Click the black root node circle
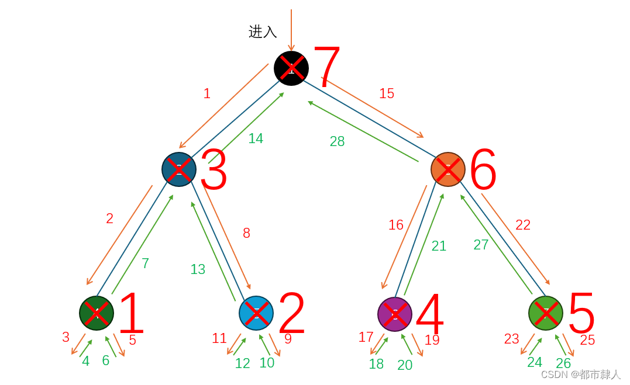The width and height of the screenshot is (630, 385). coord(291,68)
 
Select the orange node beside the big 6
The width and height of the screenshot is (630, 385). coord(448,169)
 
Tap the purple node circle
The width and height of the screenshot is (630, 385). coord(395,314)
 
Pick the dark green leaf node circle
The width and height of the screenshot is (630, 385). coord(97,313)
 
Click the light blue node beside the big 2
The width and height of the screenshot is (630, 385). coord(256,313)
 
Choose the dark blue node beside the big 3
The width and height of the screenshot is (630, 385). coord(179,169)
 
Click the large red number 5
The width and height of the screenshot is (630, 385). coord(581,313)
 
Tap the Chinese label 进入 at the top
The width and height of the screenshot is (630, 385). coord(263,32)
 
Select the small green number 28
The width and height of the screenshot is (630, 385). coord(337,141)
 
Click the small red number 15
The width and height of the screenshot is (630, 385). coord(387,93)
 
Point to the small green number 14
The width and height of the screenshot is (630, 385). coord(256,138)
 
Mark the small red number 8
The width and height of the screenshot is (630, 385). coord(246,233)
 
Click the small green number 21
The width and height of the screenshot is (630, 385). coord(439,246)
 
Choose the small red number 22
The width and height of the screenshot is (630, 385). coord(523,225)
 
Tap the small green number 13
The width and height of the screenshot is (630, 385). coord(198,269)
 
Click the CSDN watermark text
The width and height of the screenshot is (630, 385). coord(580,374)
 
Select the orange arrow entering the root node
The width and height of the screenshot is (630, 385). coord(291,29)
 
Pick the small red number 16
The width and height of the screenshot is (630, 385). coord(396,225)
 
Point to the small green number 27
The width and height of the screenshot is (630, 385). coord(481,245)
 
